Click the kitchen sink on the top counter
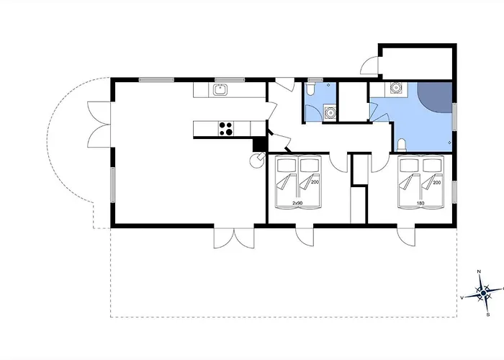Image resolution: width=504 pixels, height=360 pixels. [221, 90]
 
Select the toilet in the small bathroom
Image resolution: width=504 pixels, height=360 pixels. [310, 89]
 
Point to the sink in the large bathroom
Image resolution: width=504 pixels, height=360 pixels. [395, 89]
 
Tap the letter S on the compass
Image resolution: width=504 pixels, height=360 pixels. [488, 314]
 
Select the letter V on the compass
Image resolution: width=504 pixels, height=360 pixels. [462, 297]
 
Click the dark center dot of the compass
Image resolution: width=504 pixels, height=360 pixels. [483, 293]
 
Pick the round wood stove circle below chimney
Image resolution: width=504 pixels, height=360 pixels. [255, 162]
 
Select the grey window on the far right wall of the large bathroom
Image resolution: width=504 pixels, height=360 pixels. [455, 117]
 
